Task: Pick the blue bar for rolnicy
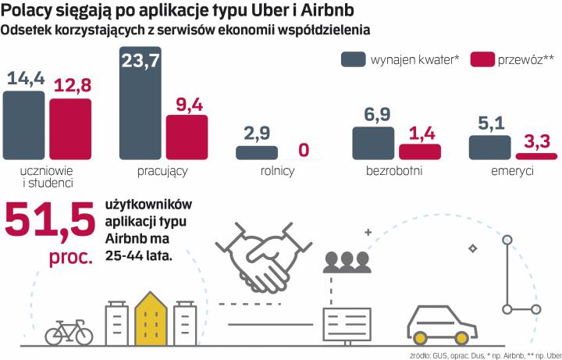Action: (257, 153)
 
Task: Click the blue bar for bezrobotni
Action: (373, 144)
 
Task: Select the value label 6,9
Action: (374, 114)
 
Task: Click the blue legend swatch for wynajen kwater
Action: (354, 59)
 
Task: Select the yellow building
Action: (151, 319)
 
